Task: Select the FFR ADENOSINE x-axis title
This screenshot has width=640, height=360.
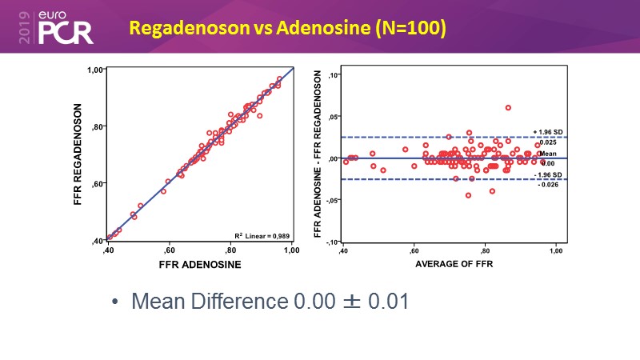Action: pos(200,264)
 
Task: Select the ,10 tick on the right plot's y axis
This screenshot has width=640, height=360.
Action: pos(334,76)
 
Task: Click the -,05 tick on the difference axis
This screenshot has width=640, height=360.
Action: pos(333,200)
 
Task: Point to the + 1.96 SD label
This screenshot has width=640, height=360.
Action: pos(545,132)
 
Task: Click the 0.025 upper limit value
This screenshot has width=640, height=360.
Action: pos(547,142)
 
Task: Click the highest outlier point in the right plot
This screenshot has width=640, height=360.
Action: pos(508,107)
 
